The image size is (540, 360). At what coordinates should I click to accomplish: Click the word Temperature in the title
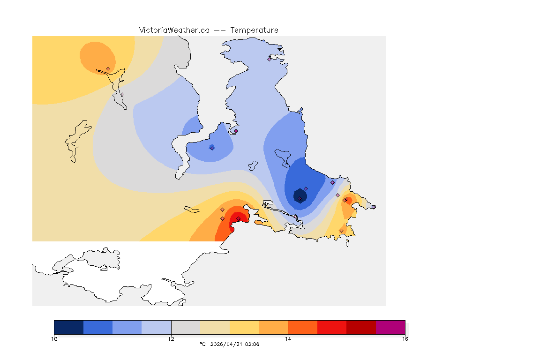click(x=254, y=30)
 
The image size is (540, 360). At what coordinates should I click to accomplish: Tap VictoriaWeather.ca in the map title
click(x=174, y=30)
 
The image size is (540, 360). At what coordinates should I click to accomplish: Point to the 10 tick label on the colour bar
click(x=54, y=339)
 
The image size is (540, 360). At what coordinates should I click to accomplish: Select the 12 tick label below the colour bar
click(x=171, y=339)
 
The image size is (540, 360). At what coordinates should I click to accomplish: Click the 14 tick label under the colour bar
click(x=288, y=339)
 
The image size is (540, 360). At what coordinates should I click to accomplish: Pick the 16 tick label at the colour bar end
click(x=405, y=339)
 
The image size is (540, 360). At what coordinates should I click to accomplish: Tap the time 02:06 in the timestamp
click(x=252, y=344)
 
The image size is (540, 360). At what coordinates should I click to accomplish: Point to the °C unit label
click(x=202, y=344)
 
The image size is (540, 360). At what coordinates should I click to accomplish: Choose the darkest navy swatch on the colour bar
click(x=68, y=327)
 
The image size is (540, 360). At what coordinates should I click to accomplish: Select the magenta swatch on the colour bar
click(x=390, y=327)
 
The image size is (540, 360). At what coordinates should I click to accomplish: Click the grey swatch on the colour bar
click(x=186, y=327)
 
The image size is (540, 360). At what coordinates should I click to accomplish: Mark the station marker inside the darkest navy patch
click(x=300, y=198)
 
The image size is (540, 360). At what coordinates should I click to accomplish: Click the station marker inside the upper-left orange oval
click(x=108, y=68)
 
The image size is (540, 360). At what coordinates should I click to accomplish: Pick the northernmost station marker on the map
click(x=269, y=59)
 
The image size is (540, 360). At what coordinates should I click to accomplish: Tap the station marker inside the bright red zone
click(x=238, y=218)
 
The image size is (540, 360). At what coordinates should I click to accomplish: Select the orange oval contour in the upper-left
click(x=96, y=55)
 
